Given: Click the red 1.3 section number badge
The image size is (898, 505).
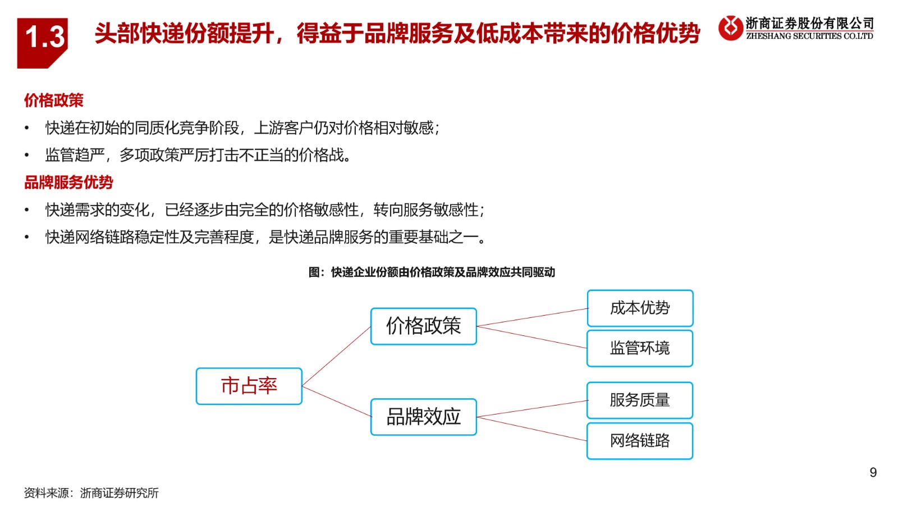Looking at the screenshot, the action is (x=42, y=43).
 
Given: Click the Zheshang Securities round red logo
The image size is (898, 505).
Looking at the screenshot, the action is (x=730, y=28).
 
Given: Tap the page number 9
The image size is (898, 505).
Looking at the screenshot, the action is (x=873, y=472).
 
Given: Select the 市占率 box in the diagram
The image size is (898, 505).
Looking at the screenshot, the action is (x=249, y=386).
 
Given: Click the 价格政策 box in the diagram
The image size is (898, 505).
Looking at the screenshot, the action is (x=424, y=326).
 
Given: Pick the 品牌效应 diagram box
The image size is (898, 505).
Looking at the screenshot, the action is (x=424, y=417).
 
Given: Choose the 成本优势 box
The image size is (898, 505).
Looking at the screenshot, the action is (x=640, y=308).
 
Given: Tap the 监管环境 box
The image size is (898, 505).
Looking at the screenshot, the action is (x=640, y=348).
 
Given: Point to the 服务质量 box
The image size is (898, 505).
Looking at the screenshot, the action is (x=640, y=401).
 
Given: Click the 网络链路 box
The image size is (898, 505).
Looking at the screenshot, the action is (x=640, y=441).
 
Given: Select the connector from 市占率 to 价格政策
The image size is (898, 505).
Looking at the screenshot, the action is (x=336, y=356).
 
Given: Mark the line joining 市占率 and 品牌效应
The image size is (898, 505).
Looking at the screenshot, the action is (x=336, y=402).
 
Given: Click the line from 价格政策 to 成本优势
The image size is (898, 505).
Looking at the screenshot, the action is (x=532, y=317).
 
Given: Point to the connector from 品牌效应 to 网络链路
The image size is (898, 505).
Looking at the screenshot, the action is (x=532, y=429).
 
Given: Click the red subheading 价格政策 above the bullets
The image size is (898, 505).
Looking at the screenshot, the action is (x=54, y=101).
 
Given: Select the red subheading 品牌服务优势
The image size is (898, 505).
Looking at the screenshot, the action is (x=68, y=183).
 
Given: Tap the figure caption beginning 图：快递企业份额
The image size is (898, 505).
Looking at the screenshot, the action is (x=432, y=272).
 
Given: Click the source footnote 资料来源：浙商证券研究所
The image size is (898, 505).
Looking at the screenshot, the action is (x=91, y=493).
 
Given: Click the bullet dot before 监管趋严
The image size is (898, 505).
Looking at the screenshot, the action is (x=27, y=155).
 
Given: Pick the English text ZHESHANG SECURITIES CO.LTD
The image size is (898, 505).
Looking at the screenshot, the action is (x=809, y=36).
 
